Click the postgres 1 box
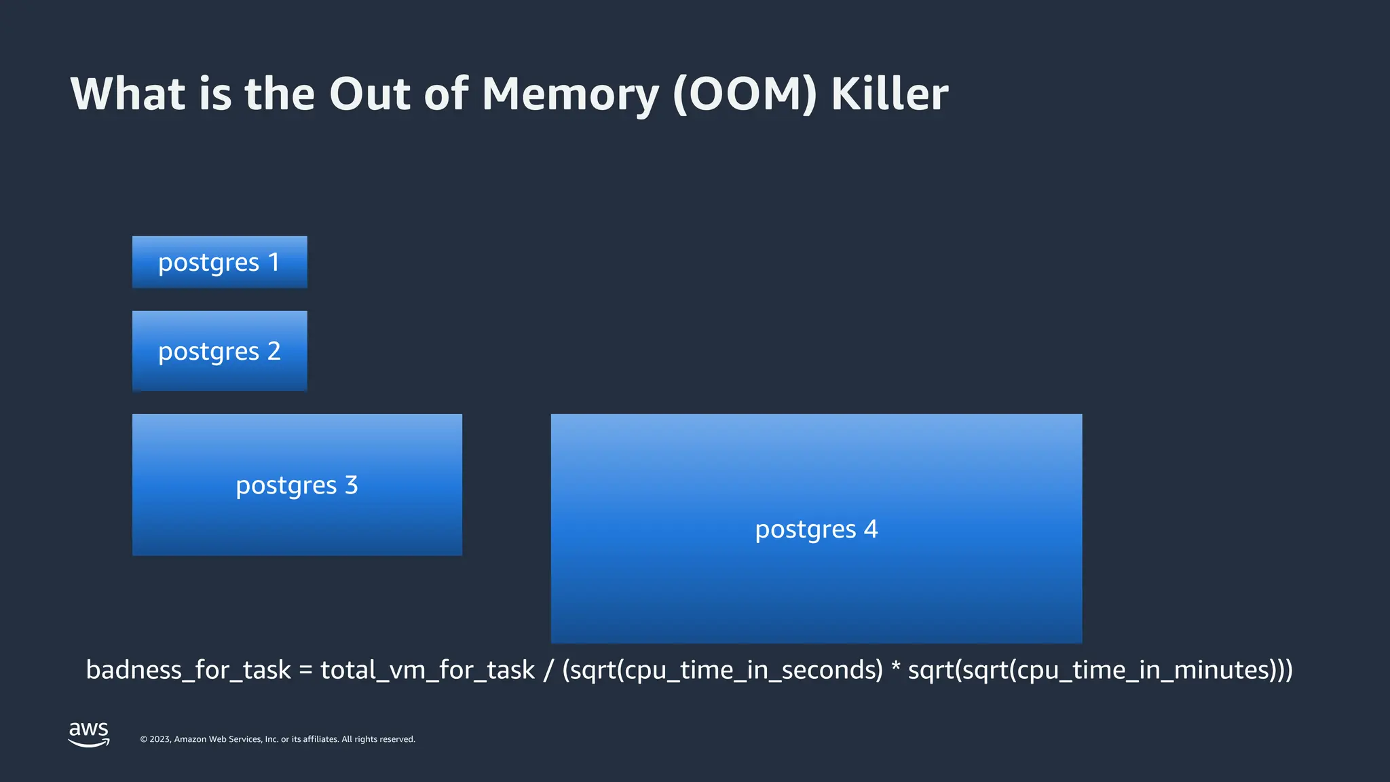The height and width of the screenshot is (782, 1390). coord(219,262)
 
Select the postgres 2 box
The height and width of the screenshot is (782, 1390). coord(219,351)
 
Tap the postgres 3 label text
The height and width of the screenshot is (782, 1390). coord(297,485)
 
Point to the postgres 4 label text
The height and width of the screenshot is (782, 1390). coord(816,529)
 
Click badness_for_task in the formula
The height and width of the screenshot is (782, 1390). coord(188,670)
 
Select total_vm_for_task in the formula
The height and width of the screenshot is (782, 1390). coord(427,670)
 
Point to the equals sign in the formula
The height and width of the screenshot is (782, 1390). coord(305,671)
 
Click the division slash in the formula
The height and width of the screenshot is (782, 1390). coord(548,670)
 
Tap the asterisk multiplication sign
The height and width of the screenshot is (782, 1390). coord(895,667)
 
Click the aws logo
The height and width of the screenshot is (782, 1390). coord(89,734)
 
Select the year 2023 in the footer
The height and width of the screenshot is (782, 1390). coord(159,739)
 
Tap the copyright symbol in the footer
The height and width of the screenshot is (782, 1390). coord(143,739)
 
